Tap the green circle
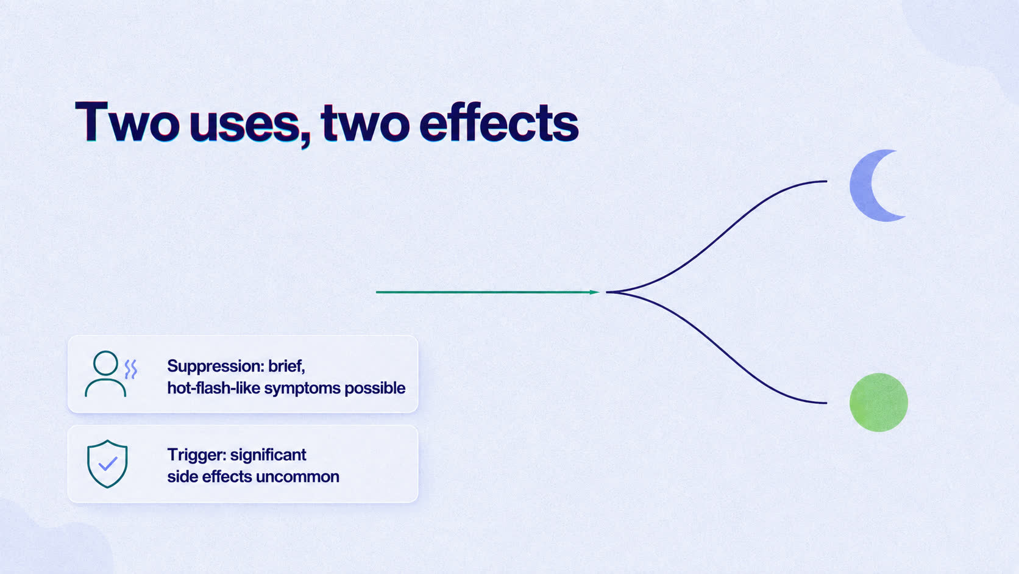point(878,403)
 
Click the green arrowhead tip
point(599,292)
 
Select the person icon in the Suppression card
point(105,374)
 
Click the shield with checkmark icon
point(107,464)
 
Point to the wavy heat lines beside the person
point(131,369)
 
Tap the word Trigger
point(196,455)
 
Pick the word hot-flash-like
point(213,388)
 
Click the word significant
point(268,455)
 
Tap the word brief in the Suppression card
point(286,367)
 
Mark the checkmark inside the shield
point(108,464)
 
